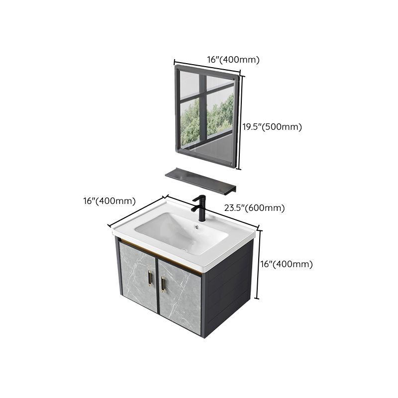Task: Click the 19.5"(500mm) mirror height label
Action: (x=272, y=127)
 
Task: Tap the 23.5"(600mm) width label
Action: (x=254, y=208)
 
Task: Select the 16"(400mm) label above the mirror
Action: (x=233, y=60)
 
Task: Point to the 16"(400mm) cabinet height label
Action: (x=287, y=264)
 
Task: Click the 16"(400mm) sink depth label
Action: (x=109, y=201)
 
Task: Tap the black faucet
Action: (x=201, y=208)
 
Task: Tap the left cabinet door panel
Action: (x=137, y=282)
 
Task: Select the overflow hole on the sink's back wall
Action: (x=198, y=227)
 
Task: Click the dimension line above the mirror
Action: (x=206, y=69)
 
